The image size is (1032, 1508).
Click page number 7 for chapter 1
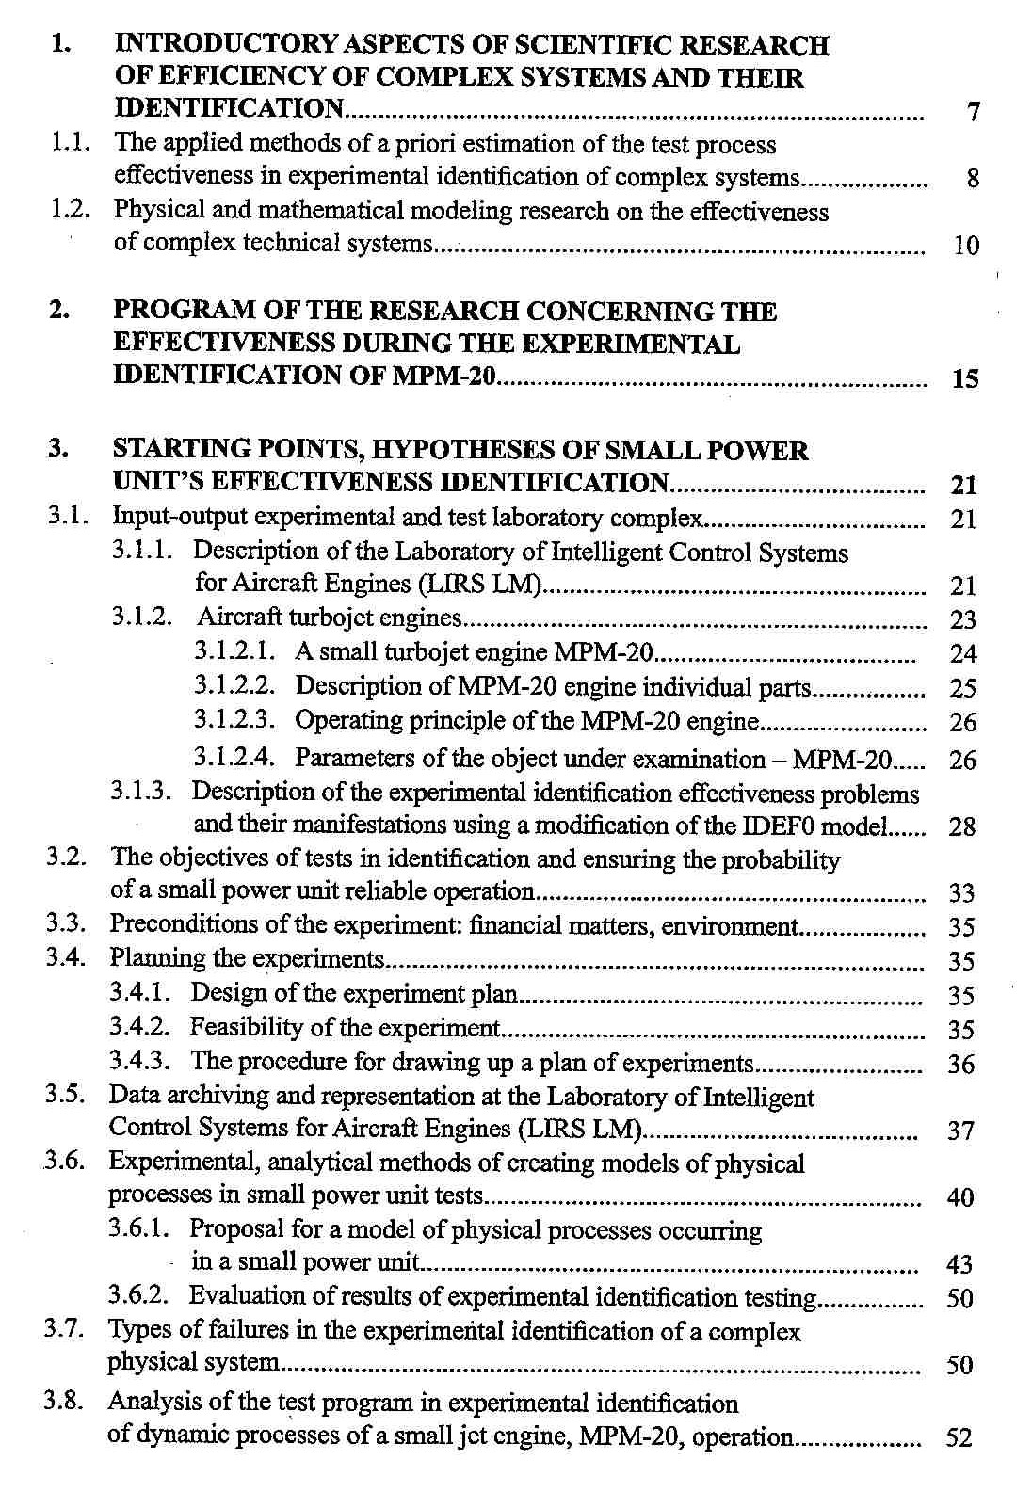click(974, 113)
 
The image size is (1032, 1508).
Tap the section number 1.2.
click(70, 210)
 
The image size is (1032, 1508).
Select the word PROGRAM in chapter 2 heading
click(185, 311)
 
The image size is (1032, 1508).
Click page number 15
click(965, 379)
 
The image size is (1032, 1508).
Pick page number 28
click(962, 827)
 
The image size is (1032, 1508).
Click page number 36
click(960, 1065)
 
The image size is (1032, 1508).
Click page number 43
click(959, 1264)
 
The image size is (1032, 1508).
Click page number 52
click(959, 1438)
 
